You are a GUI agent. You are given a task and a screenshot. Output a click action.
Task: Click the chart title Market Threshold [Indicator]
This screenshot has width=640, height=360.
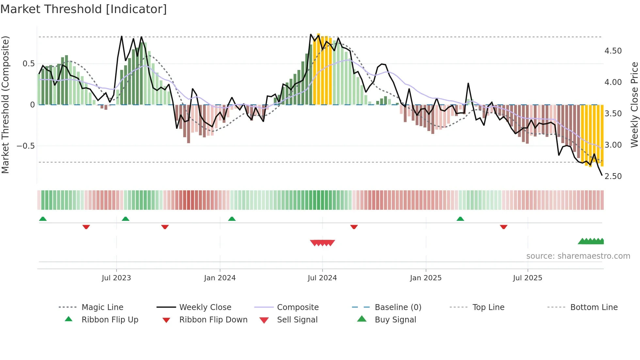[x=84, y=9]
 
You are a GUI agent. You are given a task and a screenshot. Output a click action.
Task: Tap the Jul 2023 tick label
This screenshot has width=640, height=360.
[x=116, y=278]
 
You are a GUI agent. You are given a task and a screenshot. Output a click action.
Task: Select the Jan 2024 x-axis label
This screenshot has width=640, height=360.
[x=220, y=278]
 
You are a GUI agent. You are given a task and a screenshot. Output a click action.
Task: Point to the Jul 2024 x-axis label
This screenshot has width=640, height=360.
[x=322, y=278]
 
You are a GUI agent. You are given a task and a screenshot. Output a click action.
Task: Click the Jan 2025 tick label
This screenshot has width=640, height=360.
[x=426, y=278]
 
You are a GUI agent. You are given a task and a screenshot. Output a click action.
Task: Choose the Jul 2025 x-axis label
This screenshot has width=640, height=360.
[x=527, y=278]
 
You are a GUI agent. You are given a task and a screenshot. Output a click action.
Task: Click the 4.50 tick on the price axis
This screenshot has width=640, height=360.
[x=613, y=51]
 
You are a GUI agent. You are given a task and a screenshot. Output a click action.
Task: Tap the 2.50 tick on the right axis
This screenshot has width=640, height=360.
[x=613, y=176]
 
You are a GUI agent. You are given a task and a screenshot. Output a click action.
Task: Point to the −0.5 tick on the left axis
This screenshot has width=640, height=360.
[x=26, y=146]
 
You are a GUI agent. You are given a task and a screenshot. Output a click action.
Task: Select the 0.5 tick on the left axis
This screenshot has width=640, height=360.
[x=29, y=64]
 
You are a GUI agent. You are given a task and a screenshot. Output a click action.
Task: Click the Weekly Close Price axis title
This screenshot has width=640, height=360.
[x=634, y=105]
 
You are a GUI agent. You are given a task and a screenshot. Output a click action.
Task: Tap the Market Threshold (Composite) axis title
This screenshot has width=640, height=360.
[x=5, y=105]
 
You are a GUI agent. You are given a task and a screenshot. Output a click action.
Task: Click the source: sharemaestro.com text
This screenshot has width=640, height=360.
[x=578, y=256]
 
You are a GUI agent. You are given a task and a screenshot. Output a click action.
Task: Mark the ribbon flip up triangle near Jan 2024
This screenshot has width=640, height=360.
[x=232, y=219]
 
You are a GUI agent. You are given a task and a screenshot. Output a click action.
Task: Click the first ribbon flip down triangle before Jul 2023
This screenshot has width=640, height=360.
[x=86, y=227]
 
